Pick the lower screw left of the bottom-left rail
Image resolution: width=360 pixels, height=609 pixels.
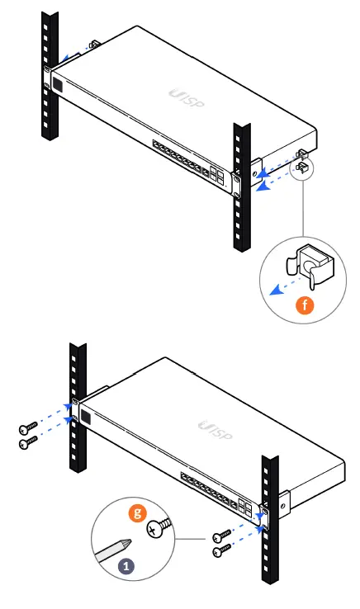29,442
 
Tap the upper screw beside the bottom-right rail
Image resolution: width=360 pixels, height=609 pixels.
220,536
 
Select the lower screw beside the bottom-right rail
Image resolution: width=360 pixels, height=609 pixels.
220,550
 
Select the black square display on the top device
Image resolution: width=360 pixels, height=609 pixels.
59,83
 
